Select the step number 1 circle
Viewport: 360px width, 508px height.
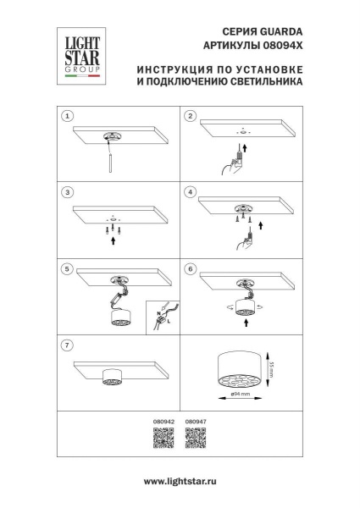(x=69, y=116)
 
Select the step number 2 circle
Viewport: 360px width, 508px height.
(x=191, y=116)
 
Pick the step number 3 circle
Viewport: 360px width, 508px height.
(x=69, y=192)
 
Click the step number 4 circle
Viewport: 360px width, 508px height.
(x=191, y=192)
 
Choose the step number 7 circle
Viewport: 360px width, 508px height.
(x=69, y=345)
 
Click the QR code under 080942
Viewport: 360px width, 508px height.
(x=163, y=437)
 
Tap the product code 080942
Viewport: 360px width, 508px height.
(x=163, y=419)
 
